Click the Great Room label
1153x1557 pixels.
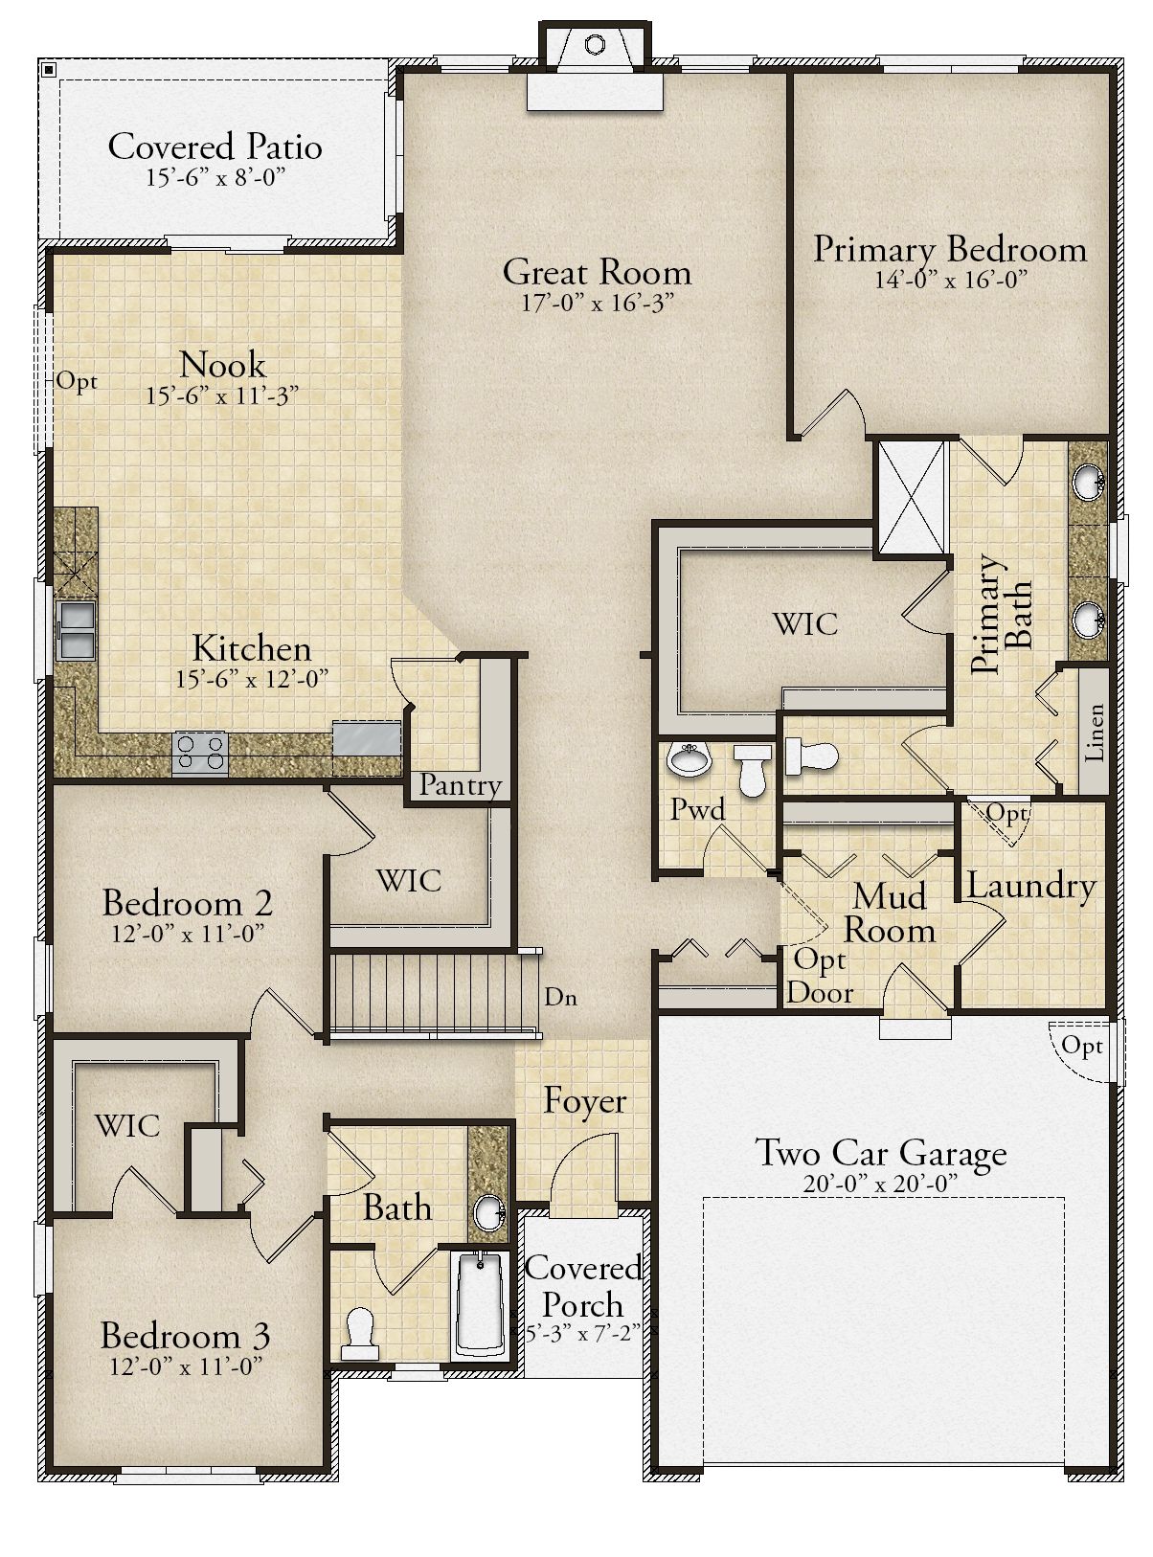click(x=597, y=272)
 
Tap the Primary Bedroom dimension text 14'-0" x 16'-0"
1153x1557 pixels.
click(x=950, y=281)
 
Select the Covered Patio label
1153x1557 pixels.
click(x=215, y=147)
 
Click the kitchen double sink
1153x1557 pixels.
click(x=77, y=629)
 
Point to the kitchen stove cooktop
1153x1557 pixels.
click(x=200, y=754)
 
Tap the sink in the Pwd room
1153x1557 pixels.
click(x=690, y=758)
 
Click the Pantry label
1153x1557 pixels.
click(x=460, y=785)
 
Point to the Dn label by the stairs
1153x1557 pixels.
click(x=560, y=998)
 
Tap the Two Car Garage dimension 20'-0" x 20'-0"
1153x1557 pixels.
click(x=880, y=1184)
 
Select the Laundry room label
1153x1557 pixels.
click(x=1031, y=887)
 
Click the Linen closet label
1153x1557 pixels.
click(x=1094, y=733)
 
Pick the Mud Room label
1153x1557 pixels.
click(x=889, y=914)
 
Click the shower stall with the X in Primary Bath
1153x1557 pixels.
click(x=912, y=498)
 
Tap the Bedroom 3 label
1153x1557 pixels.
click(x=186, y=1335)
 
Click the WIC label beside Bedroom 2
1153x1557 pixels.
click(x=409, y=880)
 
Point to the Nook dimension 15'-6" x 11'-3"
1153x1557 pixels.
click(x=222, y=395)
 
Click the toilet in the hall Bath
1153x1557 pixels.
click(x=360, y=1333)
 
